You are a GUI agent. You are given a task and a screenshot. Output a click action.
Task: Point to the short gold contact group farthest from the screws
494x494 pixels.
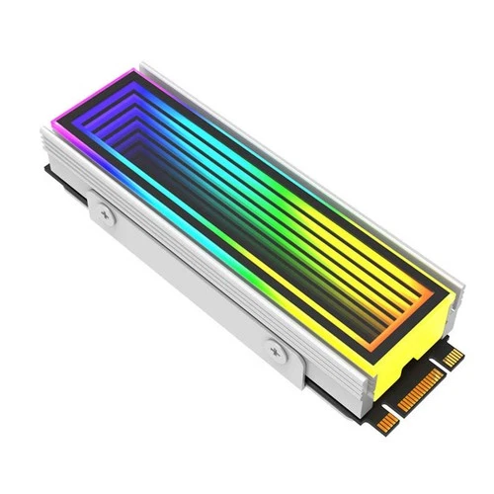click(x=452, y=356)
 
